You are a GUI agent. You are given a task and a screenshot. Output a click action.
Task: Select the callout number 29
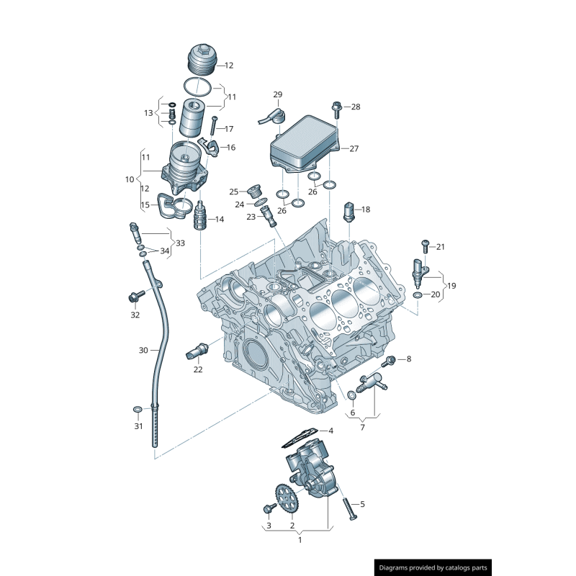coord(278,94)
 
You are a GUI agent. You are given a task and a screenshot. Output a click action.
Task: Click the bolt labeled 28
coord(336,107)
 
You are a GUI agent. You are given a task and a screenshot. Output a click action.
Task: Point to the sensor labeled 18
coord(348,210)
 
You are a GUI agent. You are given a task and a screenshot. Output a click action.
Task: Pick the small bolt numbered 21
coord(425,246)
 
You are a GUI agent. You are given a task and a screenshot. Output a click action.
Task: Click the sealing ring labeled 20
coord(418,295)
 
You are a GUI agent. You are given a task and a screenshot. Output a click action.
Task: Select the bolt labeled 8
coord(391,359)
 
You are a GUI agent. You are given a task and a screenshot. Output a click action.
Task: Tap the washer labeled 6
coord(351,395)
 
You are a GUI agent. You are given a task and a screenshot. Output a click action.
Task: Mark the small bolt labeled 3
coord(269,509)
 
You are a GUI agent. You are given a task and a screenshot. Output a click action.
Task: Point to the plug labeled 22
coord(197,351)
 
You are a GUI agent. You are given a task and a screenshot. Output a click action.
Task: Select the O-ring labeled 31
coord(137,410)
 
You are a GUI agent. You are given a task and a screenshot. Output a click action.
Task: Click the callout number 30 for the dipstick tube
coord(143,350)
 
